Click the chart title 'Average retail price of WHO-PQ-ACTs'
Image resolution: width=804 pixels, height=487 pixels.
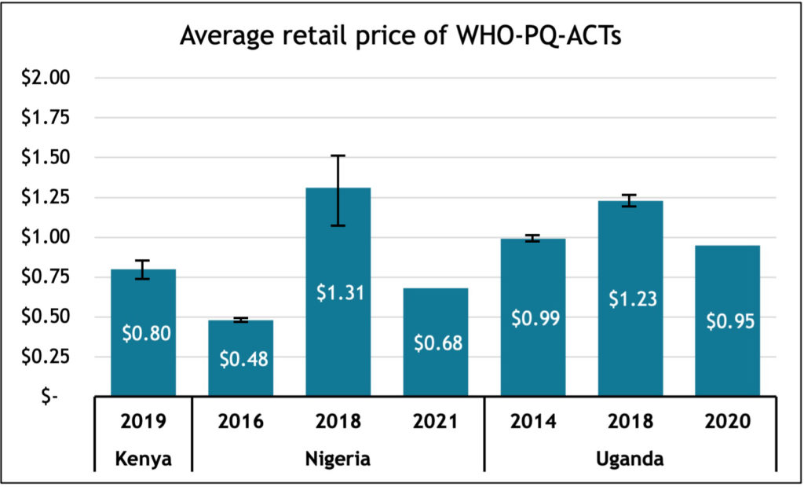[x=401, y=36]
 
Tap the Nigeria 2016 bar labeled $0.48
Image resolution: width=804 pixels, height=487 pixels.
[x=240, y=377]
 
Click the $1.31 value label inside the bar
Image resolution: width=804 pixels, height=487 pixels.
[x=338, y=292]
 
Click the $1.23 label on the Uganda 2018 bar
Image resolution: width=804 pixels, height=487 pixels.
[x=630, y=298]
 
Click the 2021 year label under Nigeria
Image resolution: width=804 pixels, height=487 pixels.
[x=435, y=422]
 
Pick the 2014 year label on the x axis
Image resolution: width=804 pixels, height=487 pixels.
[x=532, y=422]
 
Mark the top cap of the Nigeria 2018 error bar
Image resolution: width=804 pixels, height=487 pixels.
[x=338, y=156]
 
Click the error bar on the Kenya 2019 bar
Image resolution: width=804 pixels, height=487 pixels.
[x=143, y=269]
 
